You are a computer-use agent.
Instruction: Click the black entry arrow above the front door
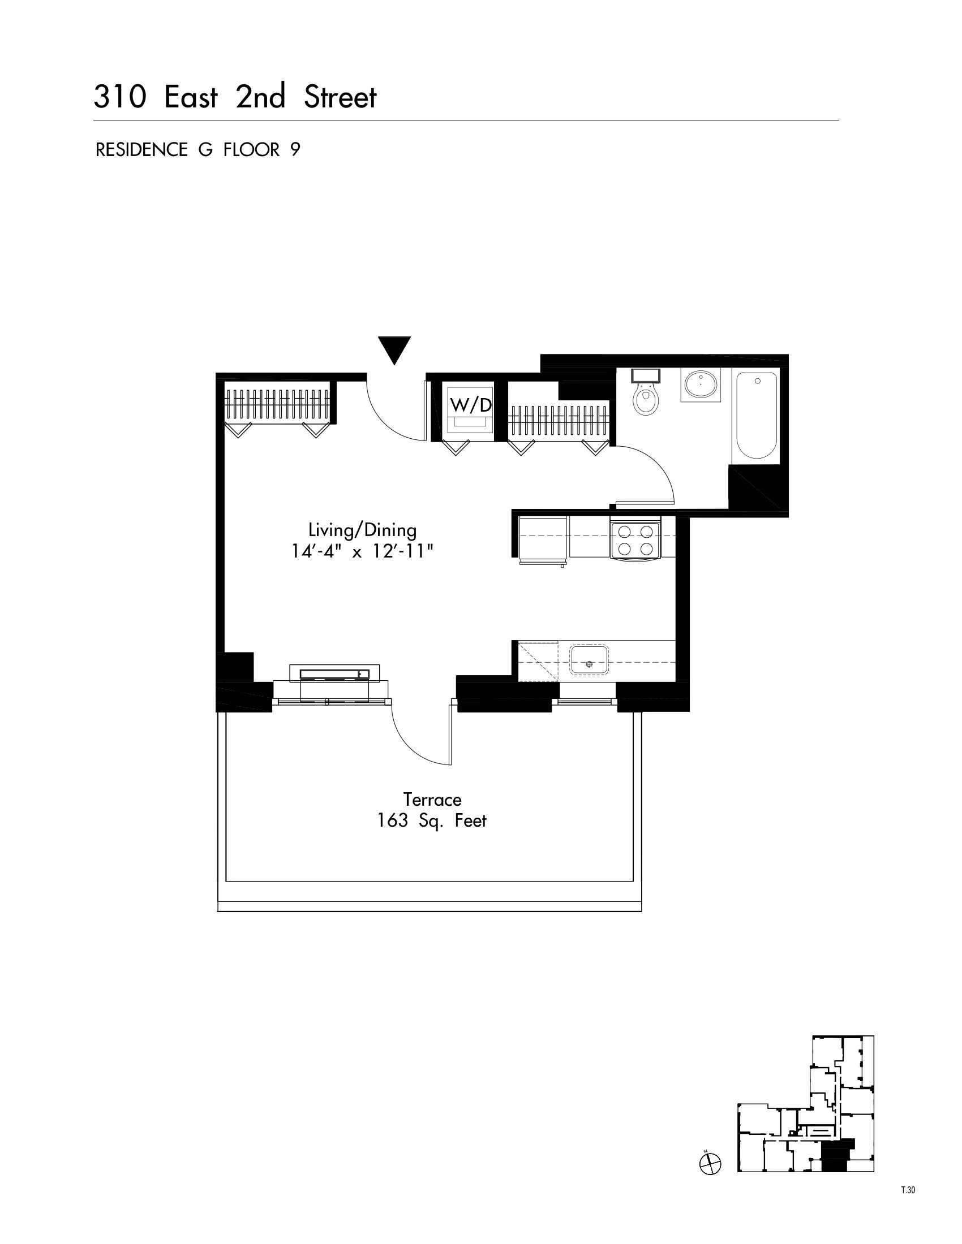(394, 348)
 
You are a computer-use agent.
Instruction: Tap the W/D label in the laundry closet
(471, 405)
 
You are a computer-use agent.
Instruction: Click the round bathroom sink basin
(701, 385)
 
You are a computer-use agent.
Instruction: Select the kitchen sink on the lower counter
(589, 660)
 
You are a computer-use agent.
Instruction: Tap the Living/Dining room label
(363, 530)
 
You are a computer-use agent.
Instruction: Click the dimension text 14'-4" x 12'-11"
(363, 551)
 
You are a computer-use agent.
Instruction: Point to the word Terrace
(432, 800)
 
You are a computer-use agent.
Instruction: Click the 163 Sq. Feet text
(432, 821)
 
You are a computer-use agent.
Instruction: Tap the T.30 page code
(908, 1190)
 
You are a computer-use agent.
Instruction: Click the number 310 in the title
(119, 97)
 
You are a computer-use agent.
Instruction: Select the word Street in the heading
(340, 97)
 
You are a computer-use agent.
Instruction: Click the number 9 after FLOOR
(295, 150)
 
